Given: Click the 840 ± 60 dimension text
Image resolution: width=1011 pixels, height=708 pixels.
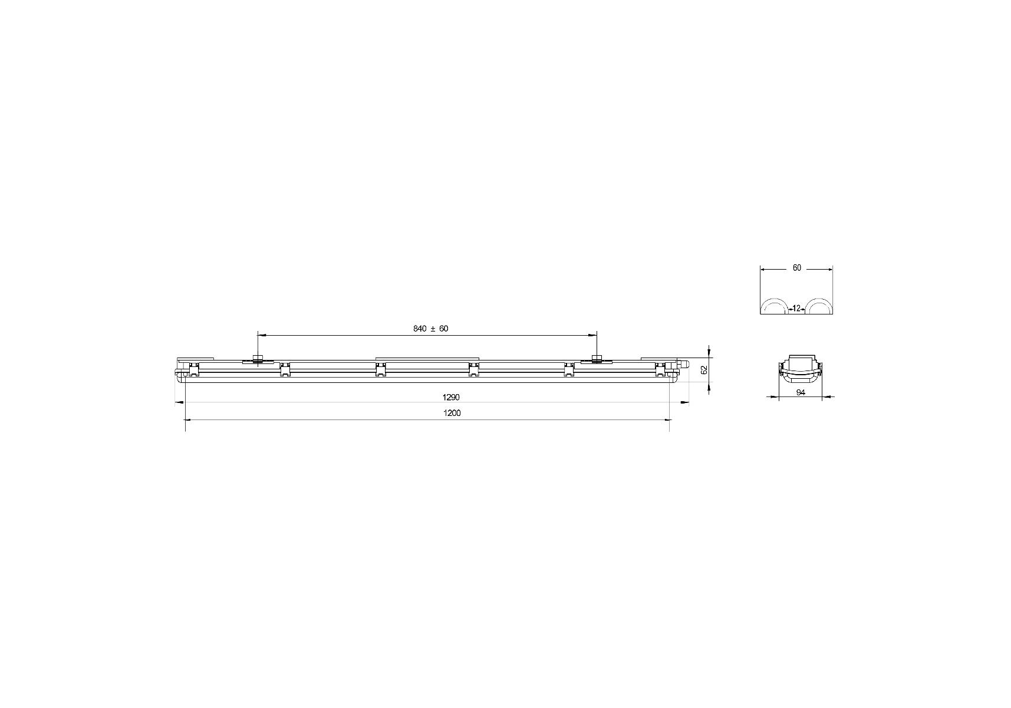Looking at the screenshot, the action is point(430,329).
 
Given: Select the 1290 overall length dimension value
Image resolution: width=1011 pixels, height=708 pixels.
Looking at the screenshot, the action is point(451,397).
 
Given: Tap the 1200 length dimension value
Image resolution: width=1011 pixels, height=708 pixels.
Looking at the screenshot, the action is point(452,413).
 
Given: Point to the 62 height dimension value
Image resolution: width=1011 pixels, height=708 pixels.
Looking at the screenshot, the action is point(703,371).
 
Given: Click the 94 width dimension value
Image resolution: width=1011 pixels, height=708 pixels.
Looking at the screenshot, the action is point(801,392).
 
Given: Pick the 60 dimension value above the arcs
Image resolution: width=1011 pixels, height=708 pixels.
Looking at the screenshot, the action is point(797,268).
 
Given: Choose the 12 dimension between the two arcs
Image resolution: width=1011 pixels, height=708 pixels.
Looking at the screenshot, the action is point(796,308).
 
